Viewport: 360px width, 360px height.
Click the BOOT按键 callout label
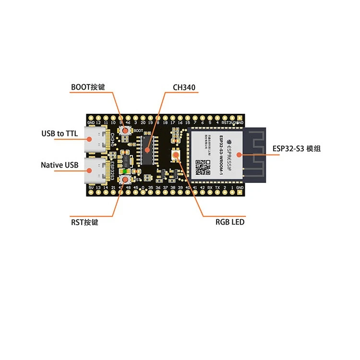[x=87, y=87]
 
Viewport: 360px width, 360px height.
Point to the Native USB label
[x=59, y=165]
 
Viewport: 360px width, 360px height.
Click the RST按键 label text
[x=84, y=222]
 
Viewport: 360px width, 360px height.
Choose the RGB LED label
[x=230, y=222]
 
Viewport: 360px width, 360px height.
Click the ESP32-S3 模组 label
[x=296, y=149]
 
